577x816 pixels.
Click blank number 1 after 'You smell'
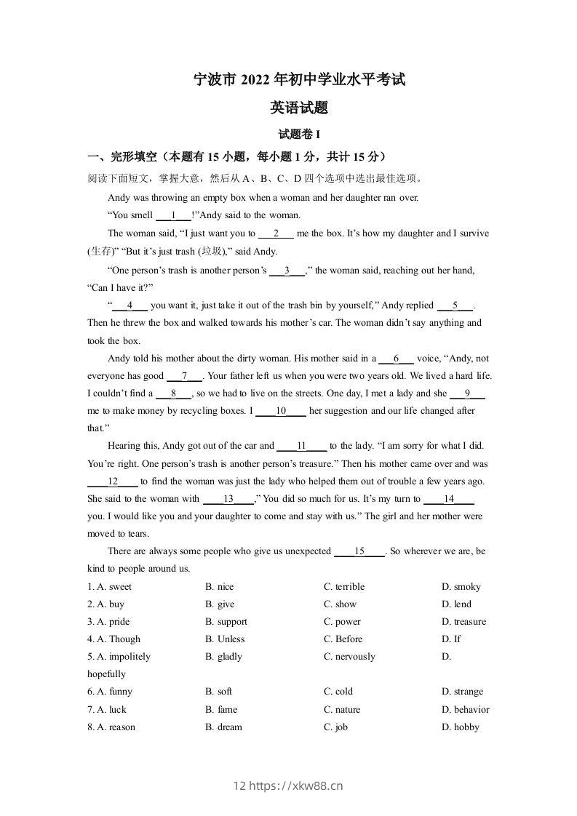coord(174,215)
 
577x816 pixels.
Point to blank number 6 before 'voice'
coord(397,359)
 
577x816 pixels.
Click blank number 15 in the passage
coord(359,552)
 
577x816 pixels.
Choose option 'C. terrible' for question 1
coord(344,587)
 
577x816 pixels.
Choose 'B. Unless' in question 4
coord(225,639)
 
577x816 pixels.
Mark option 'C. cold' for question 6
coord(338,692)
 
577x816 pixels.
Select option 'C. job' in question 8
coord(335,727)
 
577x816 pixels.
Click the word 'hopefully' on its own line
coord(106,674)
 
